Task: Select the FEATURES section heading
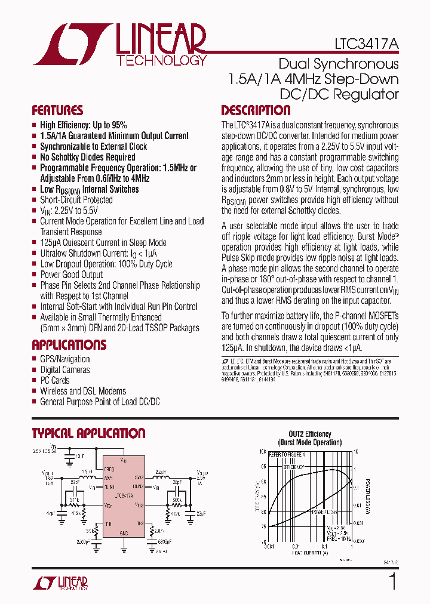[57, 110]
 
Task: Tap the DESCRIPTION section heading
[256, 110]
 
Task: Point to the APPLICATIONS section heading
[69, 345]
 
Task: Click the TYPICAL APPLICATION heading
[88, 433]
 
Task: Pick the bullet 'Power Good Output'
[71, 275]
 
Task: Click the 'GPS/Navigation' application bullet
[64, 359]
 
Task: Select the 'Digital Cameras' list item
[65, 370]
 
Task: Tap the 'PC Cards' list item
[54, 380]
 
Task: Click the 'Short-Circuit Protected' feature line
[76, 200]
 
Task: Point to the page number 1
[392, 581]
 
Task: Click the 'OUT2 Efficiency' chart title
[310, 434]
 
